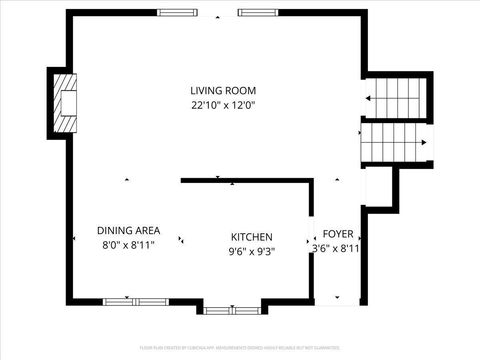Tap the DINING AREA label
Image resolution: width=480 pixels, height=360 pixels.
pos(128,230)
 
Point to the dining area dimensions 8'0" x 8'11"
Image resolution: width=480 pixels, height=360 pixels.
pos(128,244)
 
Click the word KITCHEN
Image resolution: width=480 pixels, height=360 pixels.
pos(252,237)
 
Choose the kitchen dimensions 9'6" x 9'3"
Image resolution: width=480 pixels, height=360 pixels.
pos(252,251)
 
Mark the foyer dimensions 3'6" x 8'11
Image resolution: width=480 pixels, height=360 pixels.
pos(336,248)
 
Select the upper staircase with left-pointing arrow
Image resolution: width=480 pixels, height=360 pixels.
pos(395,97)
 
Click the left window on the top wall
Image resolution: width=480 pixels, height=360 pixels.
pos(177,13)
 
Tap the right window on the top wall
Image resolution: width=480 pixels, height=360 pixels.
pos(258,13)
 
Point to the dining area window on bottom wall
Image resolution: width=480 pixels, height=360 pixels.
pos(136,300)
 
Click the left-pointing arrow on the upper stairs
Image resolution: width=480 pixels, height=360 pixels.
pos(371,98)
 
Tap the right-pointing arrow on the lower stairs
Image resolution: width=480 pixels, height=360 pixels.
pos(427,141)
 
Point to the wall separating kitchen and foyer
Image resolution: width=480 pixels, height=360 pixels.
pos(312,240)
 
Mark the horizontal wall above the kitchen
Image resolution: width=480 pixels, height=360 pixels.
pos(246,181)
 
